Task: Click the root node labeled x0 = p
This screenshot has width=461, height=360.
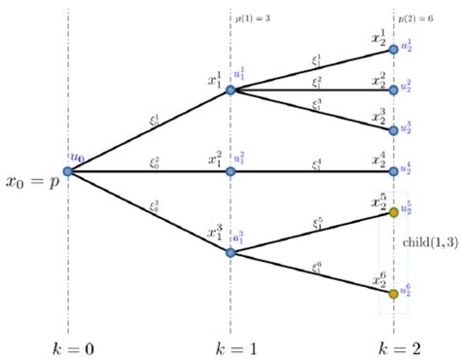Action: point(68,171)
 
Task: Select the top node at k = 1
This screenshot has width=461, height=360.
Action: point(230,90)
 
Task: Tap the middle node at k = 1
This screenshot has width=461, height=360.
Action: point(230,171)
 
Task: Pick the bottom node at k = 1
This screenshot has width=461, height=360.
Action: point(230,252)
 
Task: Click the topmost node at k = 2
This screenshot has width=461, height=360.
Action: point(393,49)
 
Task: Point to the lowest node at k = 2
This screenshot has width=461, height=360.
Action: point(393,293)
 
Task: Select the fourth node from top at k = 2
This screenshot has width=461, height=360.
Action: point(393,171)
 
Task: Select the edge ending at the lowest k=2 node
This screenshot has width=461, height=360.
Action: point(311,272)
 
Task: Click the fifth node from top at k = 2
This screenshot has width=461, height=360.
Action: point(393,212)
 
